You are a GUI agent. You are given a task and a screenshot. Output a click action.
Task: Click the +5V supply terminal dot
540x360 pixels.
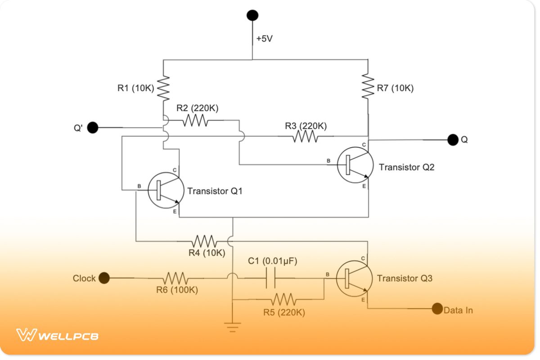pyautogui.click(x=252, y=15)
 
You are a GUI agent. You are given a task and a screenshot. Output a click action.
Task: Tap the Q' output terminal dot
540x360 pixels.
pyautogui.click(x=93, y=127)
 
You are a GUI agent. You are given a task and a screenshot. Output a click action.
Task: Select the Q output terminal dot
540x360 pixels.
pyautogui.click(x=453, y=139)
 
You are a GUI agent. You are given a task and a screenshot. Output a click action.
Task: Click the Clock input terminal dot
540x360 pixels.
pyautogui.click(x=104, y=278)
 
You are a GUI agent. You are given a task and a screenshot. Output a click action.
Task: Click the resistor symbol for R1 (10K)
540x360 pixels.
pyautogui.click(x=163, y=88)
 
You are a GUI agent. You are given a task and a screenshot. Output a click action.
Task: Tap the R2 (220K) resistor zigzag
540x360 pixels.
pyautogui.click(x=195, y=120)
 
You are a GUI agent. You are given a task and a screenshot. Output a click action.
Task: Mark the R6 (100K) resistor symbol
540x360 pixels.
pyautogui.click(x=176, y=278)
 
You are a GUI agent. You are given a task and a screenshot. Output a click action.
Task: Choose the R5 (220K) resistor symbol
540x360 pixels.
pyautogui.click(x=283, y=299)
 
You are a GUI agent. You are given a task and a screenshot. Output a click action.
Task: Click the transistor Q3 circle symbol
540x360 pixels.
pyautogui.click(x=355, y=279)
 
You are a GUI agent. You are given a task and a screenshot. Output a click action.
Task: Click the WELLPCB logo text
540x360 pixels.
pyautogui.click(x=57, y=335)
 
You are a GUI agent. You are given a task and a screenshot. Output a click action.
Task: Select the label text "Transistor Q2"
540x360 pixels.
pyautogui.click(x=406, y=167)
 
